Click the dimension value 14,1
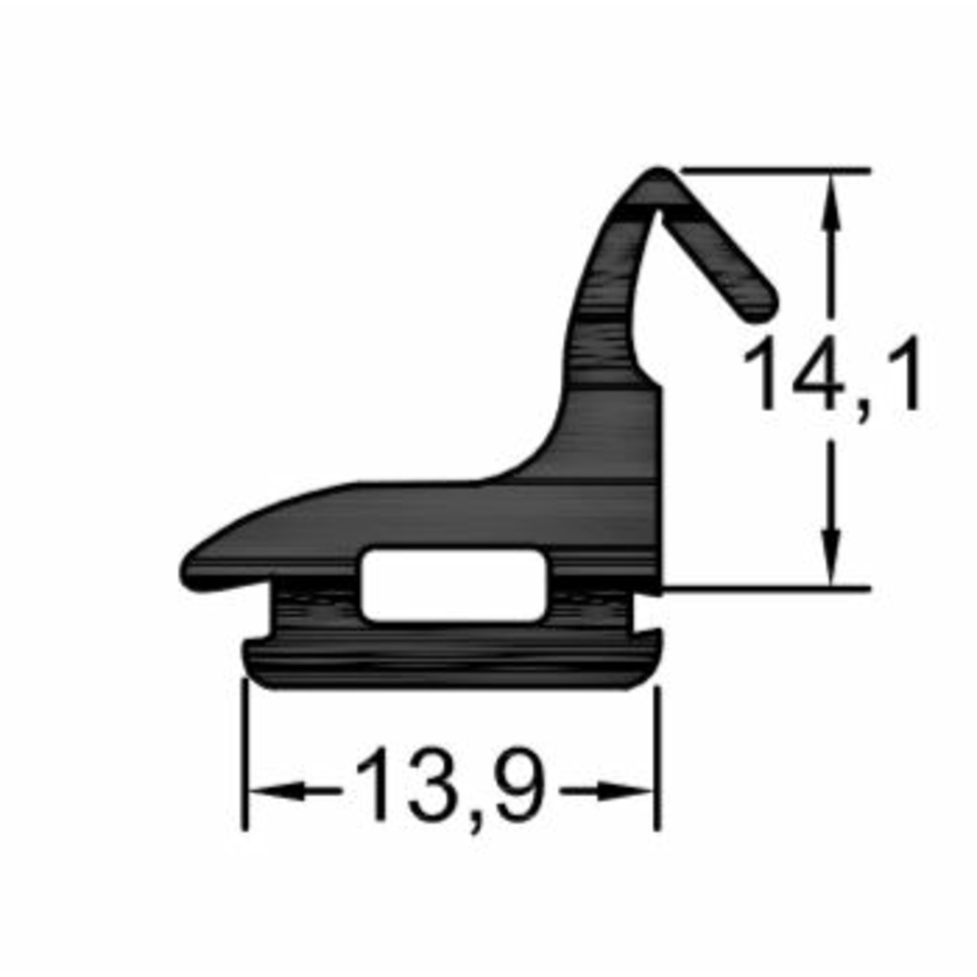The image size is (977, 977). [x=832, y=376]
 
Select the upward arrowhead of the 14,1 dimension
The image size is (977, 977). [x=832, y=196]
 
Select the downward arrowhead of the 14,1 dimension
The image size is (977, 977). [x=832, y=563]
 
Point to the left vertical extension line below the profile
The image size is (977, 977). [x=245, y=754]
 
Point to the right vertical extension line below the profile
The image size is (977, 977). [x=657, y=754]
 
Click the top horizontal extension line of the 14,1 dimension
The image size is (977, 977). [x=773, y=170]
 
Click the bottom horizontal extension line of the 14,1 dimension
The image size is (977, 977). [x=763, y=589]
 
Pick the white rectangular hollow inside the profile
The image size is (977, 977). [x=454, y=585]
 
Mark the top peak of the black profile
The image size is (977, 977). [x=657, y=177]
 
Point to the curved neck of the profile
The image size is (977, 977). [x=601, y=315]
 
